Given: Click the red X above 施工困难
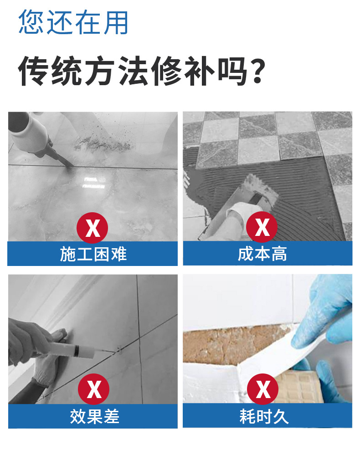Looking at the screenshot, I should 93,227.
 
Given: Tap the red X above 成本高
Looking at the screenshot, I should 262,227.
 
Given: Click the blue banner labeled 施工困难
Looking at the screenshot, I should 93,254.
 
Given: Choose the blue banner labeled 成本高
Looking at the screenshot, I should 267,254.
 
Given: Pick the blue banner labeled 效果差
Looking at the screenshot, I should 93,416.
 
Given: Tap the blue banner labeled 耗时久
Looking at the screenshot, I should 267,415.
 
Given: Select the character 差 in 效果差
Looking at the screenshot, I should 111,416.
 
